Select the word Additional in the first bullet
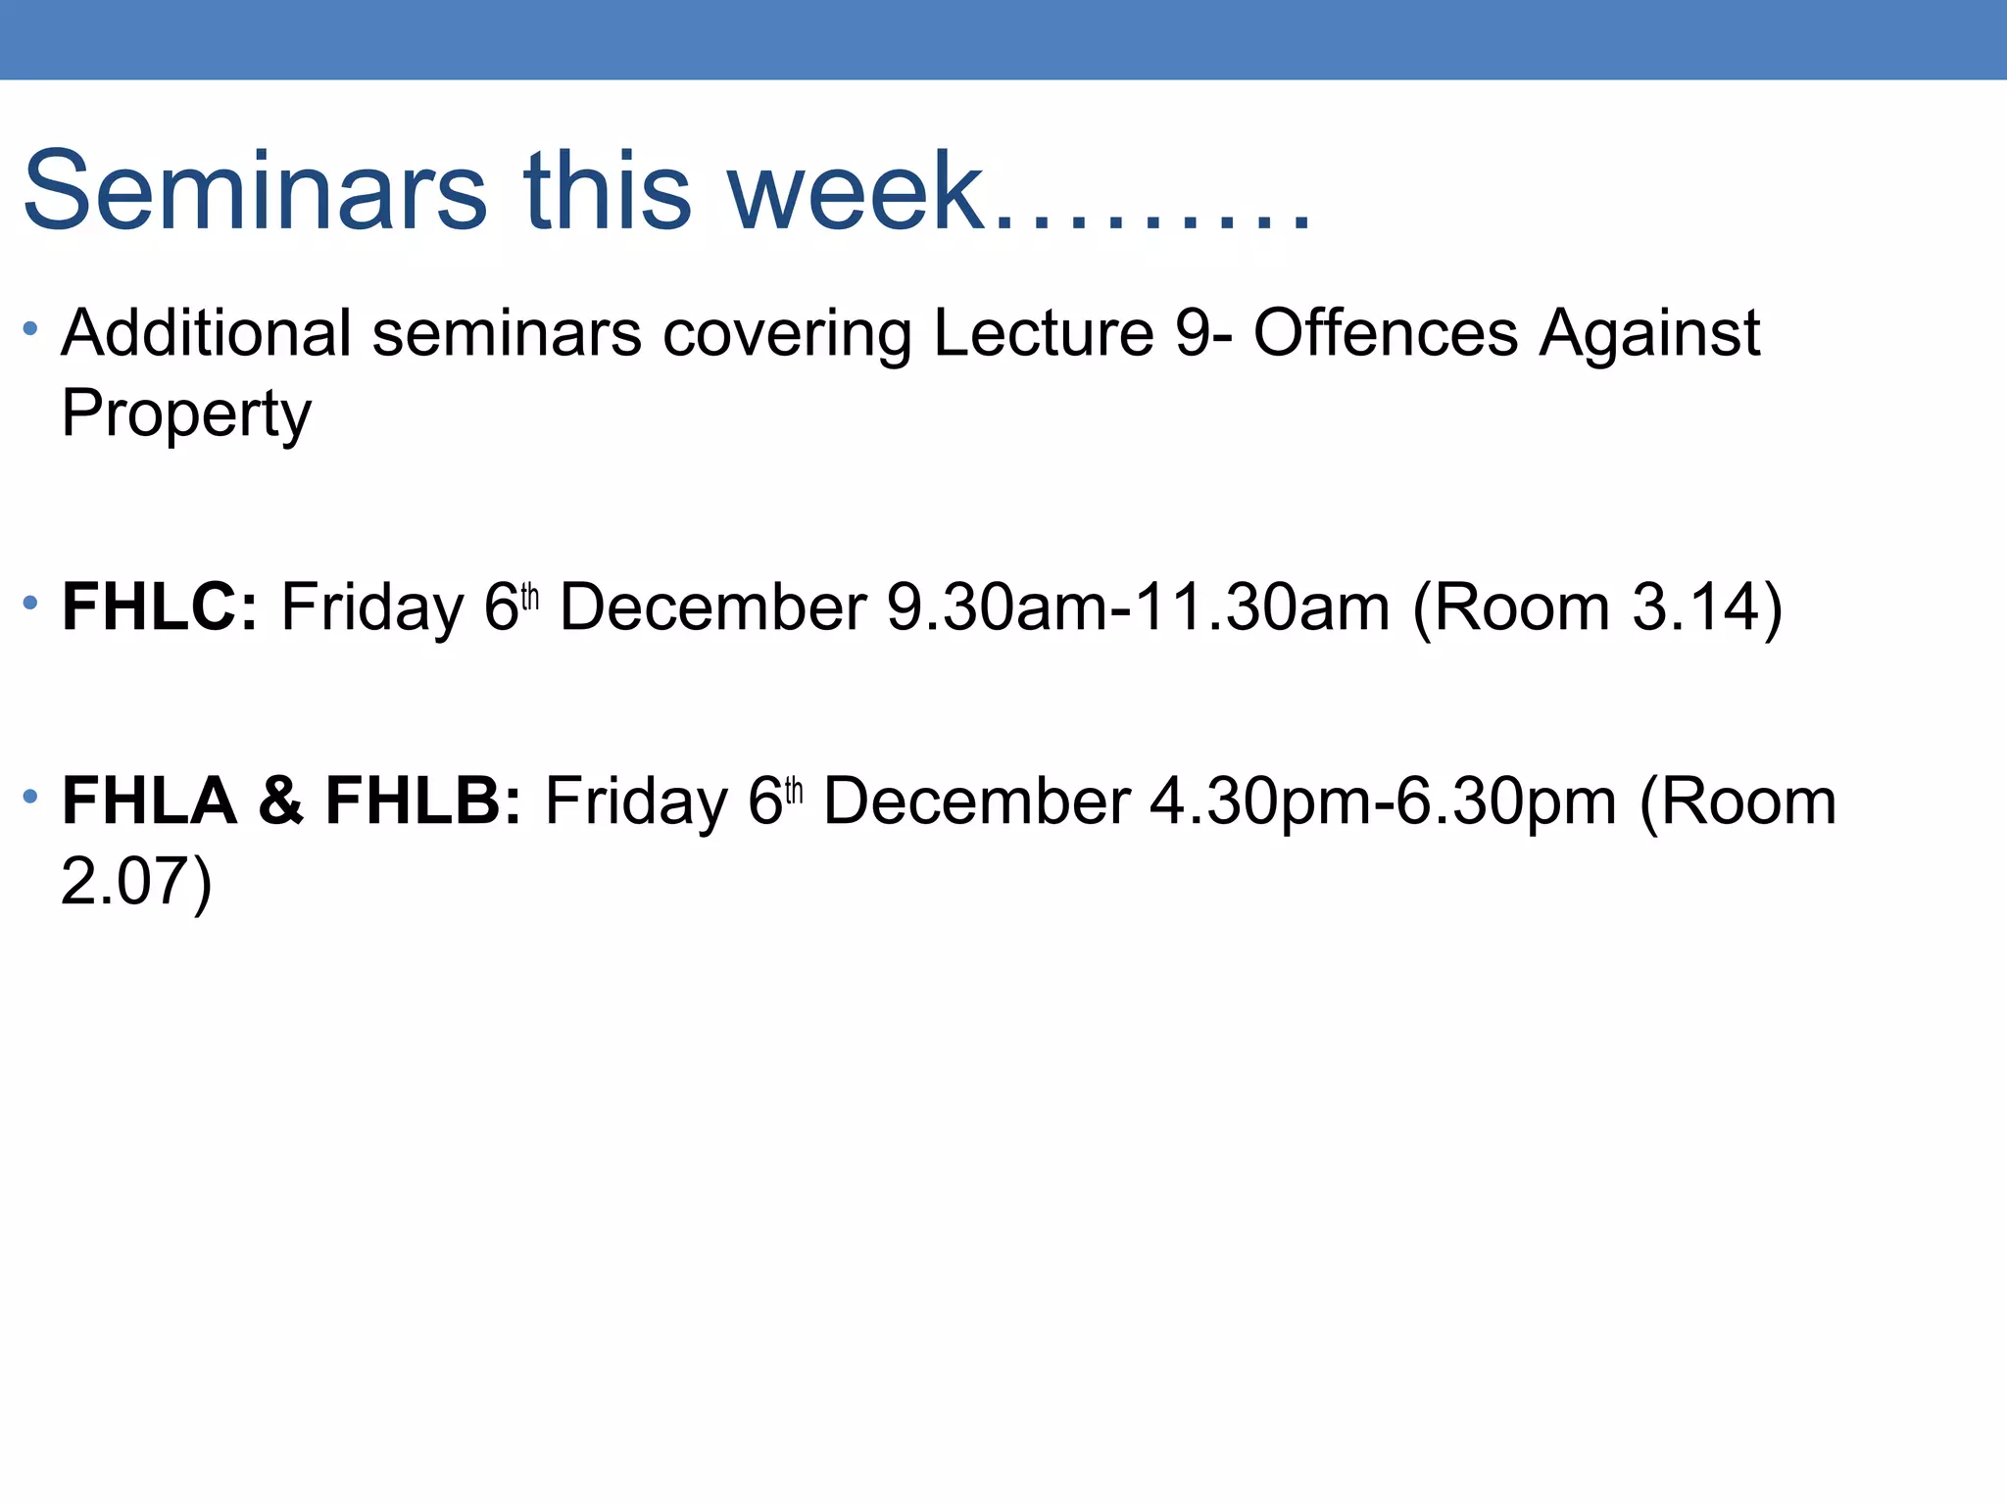(x=206, y=333)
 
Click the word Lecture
(x=1044, y=333)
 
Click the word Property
(x=186, y=413)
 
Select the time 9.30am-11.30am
(x=1138, y=607)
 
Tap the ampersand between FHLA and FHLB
(x=281, y=801)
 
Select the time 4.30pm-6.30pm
(x=1383, y=801)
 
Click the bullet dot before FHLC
(x=30, y=602)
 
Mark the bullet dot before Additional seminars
(x=30, y=327)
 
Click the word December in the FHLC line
(x=712, y=607)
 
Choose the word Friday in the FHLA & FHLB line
(x=636, y=801)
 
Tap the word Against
(x=1649, y=333)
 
